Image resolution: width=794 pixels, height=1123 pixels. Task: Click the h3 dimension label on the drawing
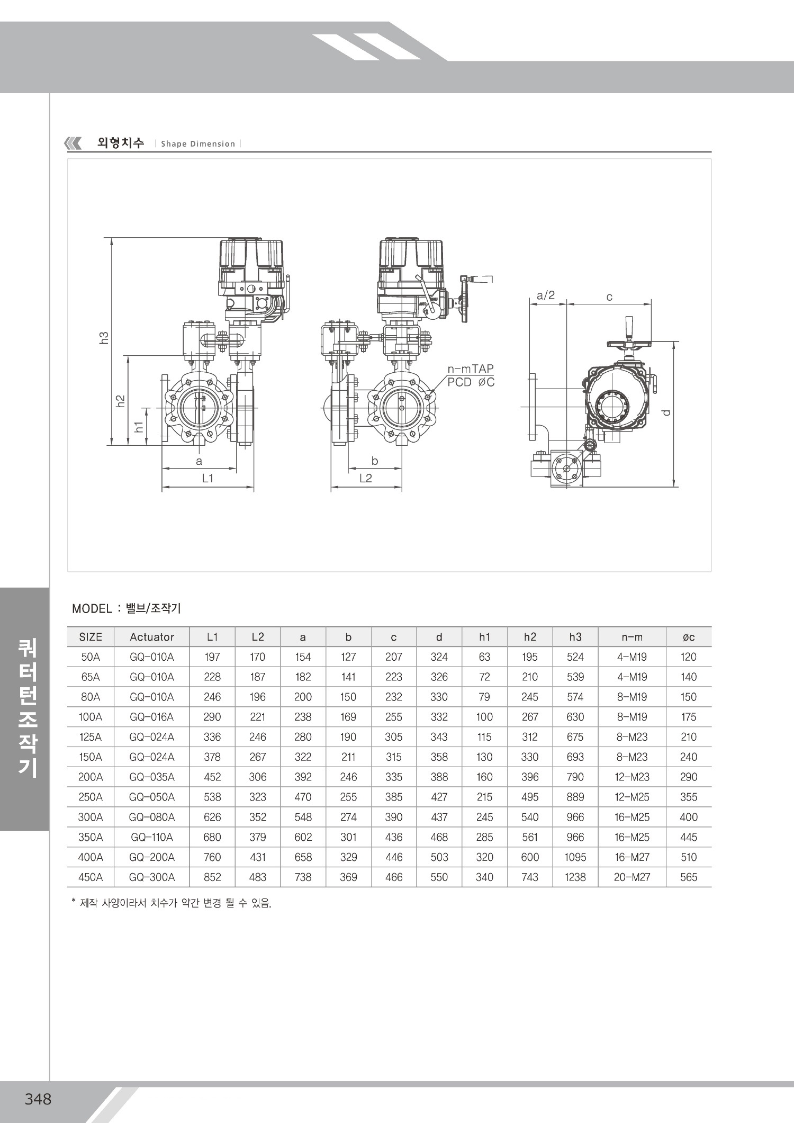tap(104, 337)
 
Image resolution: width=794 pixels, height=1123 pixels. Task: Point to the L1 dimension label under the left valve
tap(207, 478)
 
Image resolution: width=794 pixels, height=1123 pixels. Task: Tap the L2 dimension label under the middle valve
tap(366, 478)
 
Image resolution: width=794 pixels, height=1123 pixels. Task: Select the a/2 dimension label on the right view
tap(546, 295)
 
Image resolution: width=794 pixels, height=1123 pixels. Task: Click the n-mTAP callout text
tap(471, 370)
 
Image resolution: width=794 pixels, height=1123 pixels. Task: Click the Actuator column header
tap(152, 637)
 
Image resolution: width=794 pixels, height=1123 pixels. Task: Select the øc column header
tap(689, 637)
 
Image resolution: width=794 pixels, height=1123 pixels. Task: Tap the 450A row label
tap(91, 877)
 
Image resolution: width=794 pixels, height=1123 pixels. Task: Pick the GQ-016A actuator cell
tap(152, 717)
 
